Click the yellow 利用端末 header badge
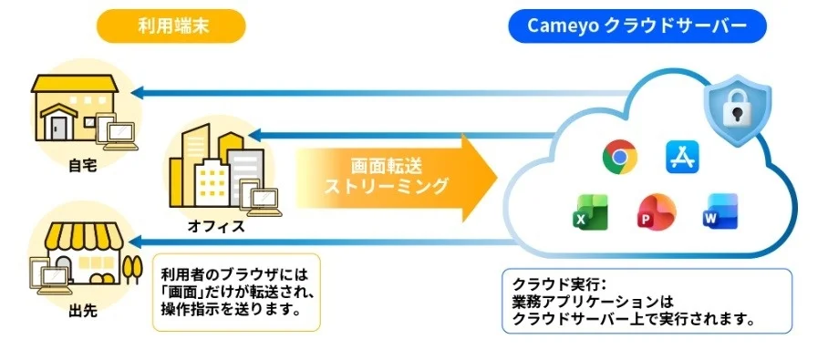pyautogui.click(x=172, y=26)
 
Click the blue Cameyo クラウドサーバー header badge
pyautogui.click(x=637, y=26)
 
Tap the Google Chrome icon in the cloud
pyautogui.click(x=619, y=157)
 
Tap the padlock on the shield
pyautogui.click(x=736, y=110)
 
